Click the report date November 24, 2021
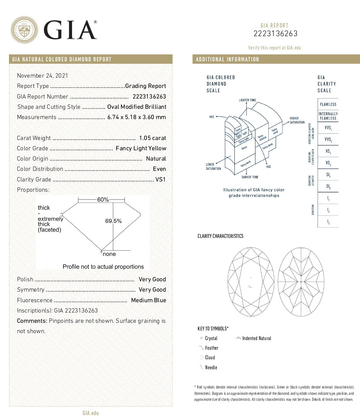pyautogui.click(x=43, y=76)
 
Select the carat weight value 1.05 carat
pyautogui.click(x=152, y=138)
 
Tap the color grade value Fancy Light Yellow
pyautogui.click(x=141, y=148)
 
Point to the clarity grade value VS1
pyautogui.click(x=160, y=179)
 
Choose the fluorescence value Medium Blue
pyautogui.click(x=148, y=300)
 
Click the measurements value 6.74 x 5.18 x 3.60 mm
pyautogui.click(x=136, y=117)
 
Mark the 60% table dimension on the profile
pyautogui.click(x=103, y=200)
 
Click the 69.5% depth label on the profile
pyautogui.click(x=114, y=221)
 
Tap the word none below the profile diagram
pyautogui.click(x=109, y=254)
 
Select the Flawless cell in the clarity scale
pyautogui.click(x=328, y=105)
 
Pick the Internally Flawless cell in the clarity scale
pyautogui.click(x=328, y=116)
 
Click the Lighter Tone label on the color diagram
pyautogui.click(x=247, y=100)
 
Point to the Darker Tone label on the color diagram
pyautogui.click(x=250, y=177)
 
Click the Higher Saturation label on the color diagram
pyautogui.click(x=297, y=120)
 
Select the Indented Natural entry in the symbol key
pyautogui.click(x=256, y=338)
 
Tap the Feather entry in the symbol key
pyautogui.click(x=212, y=348)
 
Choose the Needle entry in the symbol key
pyautogui.click(x=211, y=368)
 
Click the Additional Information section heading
pyautogui.click(x=227, y=59)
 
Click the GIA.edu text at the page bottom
pyautogui.click(x=91, y=413)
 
